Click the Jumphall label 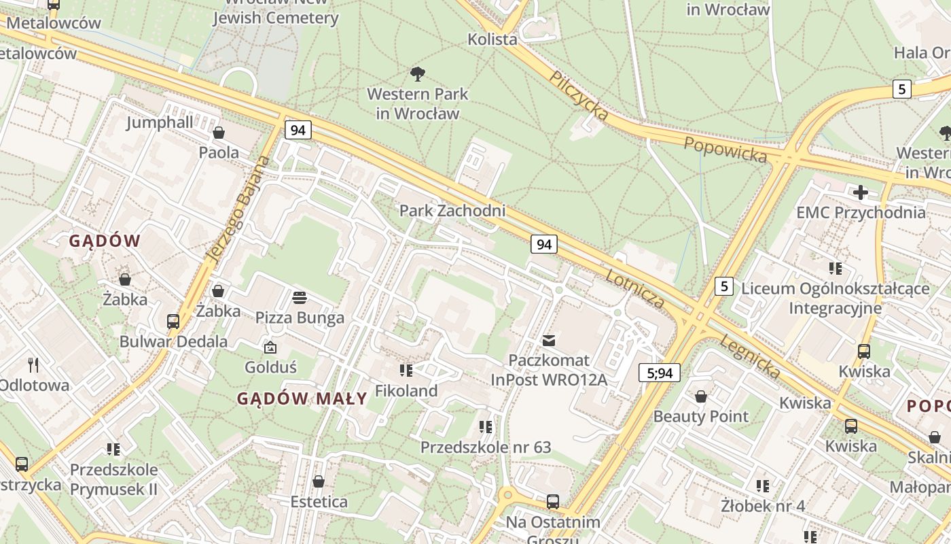[160, 122]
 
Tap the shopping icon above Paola [219, 133]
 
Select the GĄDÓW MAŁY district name [302, 399]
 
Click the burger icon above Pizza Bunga [300, 298]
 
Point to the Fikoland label [406, 391]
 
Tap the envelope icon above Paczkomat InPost [549, 340]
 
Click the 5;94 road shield [659, 373]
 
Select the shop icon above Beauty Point [701, 396]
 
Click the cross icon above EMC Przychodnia [861, 192]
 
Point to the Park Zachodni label [452, 211]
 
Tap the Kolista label [492, 39]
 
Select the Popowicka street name [725, 150]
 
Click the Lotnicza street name [634, 288]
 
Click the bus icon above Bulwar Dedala [173, 321]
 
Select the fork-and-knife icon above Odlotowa [33, 365]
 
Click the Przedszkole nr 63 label [486, 447]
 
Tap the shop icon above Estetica [319, 482]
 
